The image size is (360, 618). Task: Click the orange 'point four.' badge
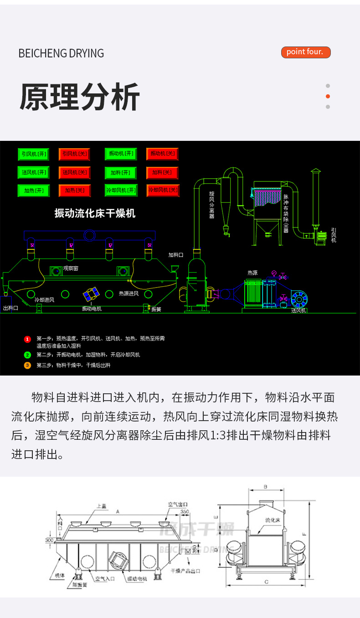pyautogui.click(x=305, y=52)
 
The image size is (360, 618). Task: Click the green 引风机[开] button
pyautogui.click(x=33, y=154)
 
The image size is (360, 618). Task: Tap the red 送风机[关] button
pyautogui.click(x=74, y=173)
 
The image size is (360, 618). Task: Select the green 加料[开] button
pyautogui.click(x=120, y=173)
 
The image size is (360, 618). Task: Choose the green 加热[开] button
pyautogui.click(x=33, y=191)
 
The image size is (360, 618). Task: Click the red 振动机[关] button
pyautogui.click(x=162, y=154)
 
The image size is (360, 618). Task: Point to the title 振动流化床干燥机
pyautogui.click(x=95, y=213)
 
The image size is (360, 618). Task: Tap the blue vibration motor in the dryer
pyautogui.click(x=92, y=294)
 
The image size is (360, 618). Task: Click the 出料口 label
pyautogui.click(x=10, y=308)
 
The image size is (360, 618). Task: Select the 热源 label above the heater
pyautogui.click(x=252, y=273)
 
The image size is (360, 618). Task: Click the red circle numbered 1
pyautogui.click(x=27, y=339)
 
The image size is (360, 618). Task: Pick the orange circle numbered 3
pyautogui.click(x=27, y=365)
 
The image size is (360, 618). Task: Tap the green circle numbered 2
pyautogui.click(x=27, y=355)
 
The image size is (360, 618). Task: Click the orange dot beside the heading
pyautogui.click(x=328, y=96)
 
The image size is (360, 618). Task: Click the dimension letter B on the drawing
pyautogui.click(x=265, y=487)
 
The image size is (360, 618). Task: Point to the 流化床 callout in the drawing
pyautogui.click(x=272, y=520)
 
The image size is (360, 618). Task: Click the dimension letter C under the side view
pyautogui.click(x=266, y=582)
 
